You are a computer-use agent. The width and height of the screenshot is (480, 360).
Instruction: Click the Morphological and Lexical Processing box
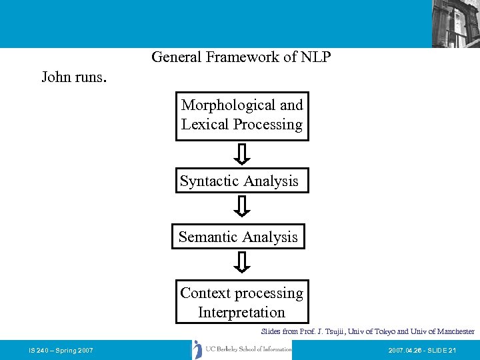[x=242, y=116]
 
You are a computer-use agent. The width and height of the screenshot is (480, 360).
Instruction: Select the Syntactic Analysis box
[x=242, y=181]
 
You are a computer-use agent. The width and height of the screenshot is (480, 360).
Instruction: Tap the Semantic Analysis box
[x=238, y=237]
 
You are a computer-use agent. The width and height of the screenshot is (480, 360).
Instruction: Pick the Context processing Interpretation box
[x=242, y=303]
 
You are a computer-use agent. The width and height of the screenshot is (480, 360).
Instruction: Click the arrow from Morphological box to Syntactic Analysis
[x=243, y=155]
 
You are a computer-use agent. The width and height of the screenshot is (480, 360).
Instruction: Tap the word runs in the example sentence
[x=90, y=77]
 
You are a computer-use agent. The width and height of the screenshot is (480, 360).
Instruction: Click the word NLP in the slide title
[x=315, y=57]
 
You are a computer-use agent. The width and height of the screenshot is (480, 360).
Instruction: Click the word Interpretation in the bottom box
[x=241, y=312]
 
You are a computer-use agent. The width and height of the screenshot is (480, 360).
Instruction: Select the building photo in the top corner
[x=455, y=23]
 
